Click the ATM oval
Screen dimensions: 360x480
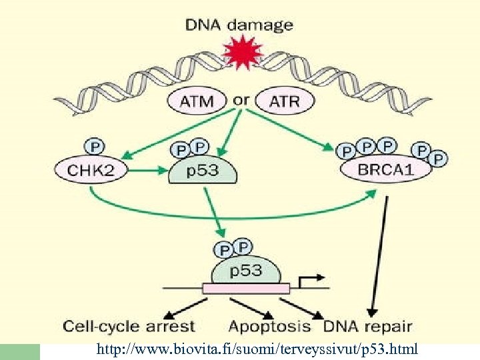(x=197, y=101)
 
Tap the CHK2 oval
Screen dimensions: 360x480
(x=91, y=170)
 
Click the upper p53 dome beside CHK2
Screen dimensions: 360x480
(x=202, y=171)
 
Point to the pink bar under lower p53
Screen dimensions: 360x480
(x=246, y=289)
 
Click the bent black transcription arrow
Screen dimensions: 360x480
(x=310, y=279)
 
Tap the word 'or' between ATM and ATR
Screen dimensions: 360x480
(x=241, y=100)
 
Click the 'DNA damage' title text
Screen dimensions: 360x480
(x=239, y=25)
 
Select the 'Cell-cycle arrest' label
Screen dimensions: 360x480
(x=129, y=327)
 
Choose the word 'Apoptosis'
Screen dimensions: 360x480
(x=269, y=327)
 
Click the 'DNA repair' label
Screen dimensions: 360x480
(x=367, y=327)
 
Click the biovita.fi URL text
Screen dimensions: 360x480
(x=257, y=349)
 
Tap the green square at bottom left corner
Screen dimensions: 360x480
(x=20, y=351)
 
